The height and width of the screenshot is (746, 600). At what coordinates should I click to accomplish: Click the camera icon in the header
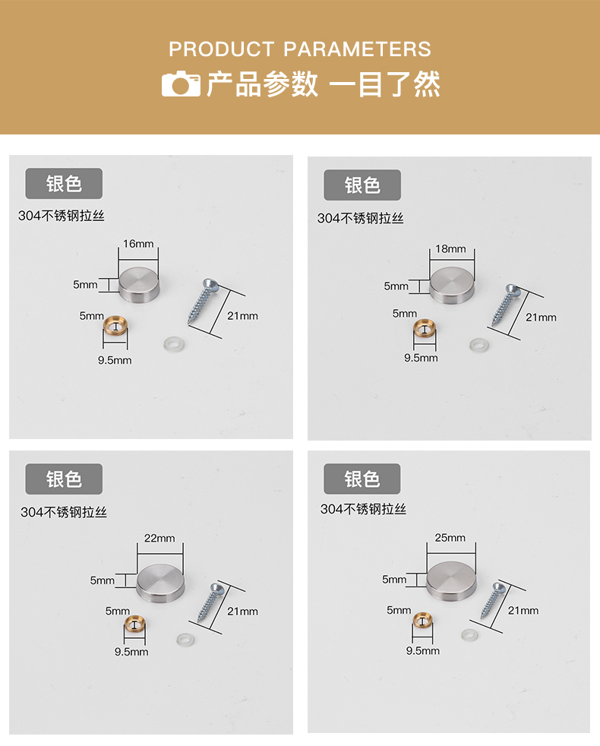(x=181, y=84)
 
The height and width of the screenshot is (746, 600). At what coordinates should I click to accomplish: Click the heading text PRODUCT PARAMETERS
(x=300, y=49)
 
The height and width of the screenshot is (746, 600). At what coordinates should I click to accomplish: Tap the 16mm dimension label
(x=138, y=244)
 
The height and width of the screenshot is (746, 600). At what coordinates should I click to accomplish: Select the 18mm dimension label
(x=450, y=249)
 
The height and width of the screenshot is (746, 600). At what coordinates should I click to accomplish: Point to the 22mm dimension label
(x=159, y=538)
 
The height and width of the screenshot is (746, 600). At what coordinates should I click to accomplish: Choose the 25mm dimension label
(x=450, y=538)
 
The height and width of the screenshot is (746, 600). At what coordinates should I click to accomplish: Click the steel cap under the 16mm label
(x=138, y=283)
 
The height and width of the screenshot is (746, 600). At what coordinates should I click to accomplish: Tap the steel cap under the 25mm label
(x=451, y=580)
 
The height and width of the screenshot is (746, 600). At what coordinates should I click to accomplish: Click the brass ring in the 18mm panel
(x=425, y=327)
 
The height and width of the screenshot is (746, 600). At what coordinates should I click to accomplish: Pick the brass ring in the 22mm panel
(x=134, y=624)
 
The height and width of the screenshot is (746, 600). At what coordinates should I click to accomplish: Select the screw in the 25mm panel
(x=492, y=600)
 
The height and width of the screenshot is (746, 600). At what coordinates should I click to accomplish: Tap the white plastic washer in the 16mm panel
(x=175, y=344)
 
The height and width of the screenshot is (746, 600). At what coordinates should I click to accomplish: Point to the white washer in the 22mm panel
(x=185, y=640)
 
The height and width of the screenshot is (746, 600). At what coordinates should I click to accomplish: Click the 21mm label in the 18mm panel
(x=541, y=318)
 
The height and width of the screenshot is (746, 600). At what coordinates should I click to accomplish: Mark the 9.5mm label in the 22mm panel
(x=131, y=652)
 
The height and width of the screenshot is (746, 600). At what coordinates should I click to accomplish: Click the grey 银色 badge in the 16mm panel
(x=64, y=183)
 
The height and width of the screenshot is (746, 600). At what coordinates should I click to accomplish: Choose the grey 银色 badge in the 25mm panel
(x=362, y=479)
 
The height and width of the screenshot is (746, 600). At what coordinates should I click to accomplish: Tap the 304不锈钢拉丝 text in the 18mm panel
(x=361, y=218)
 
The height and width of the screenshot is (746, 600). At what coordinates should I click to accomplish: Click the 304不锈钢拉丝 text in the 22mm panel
(x=64, y=512)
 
